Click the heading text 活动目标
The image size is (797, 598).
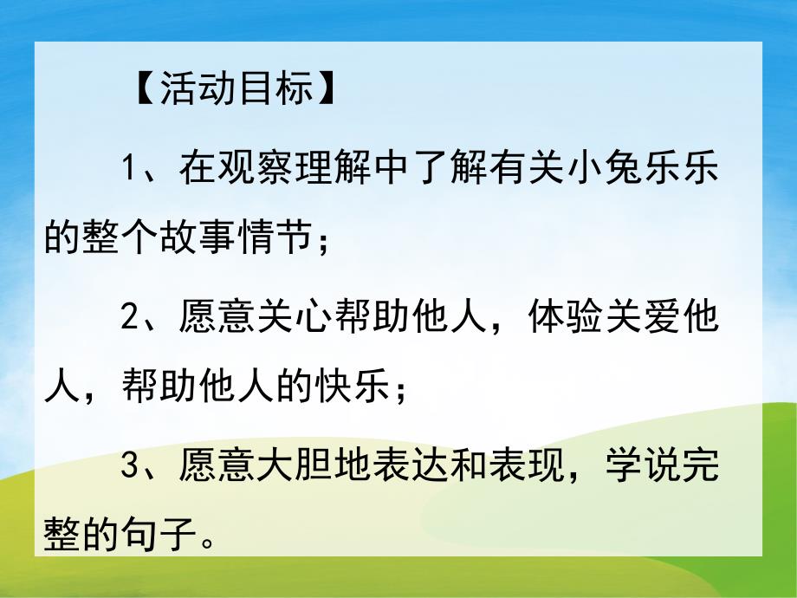tap(236, 89)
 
